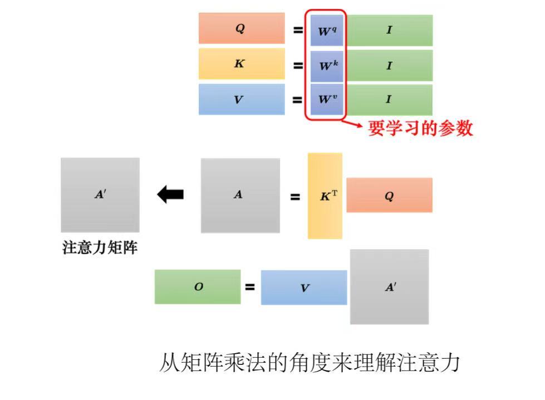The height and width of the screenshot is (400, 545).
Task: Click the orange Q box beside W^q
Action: [241, 28]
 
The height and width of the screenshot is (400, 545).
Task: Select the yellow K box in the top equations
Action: [241, 64]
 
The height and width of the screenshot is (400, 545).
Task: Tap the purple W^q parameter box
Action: [327, 30]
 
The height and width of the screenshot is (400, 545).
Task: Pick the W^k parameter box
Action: [327, 66]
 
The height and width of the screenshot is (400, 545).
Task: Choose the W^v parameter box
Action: [327, 100]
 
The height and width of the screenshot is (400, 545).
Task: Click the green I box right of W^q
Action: [390, 30]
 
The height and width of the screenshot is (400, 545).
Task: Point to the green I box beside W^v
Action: [390, 100]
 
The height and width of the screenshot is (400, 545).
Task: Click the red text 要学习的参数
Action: [420, 129]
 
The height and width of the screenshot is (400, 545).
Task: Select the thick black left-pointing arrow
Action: [170, 194]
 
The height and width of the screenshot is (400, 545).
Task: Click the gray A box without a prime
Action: [240, 196]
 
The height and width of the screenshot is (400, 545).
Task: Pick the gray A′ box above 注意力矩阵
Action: [100, 195]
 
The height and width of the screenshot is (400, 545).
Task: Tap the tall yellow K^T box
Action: [325, 196]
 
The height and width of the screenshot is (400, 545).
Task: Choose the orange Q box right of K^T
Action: [389, 195]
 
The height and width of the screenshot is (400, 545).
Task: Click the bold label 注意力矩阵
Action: [100, 248]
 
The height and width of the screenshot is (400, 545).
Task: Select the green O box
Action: [198, 287]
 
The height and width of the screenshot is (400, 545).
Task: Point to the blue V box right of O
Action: [304, 287]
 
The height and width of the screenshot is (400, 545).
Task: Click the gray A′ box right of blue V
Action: [389, 287]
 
